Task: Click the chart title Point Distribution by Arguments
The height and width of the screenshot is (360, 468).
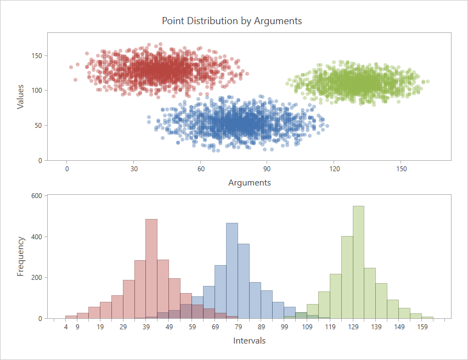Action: pyautogui.click(x=232, y=21)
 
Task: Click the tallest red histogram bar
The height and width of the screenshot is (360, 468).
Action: pyautogui.click(x=151, y=269)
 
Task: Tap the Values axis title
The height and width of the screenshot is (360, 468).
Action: pyautogui.click(x=20, y=96)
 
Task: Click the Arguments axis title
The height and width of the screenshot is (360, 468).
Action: pyautogui.click(x=249, y=182)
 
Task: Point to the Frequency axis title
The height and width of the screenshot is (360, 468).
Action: pyautogui.click(x=20, y=256)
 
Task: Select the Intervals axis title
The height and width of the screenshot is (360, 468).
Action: pyautogui.click(x=249, y=341)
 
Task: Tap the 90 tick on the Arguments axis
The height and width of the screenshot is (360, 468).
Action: pyautogui.click(x=267, y=169)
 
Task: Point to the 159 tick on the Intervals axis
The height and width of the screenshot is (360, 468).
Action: pyautogui.click(x=422, y=328)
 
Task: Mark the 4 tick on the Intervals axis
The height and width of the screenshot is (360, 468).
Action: pyautogui.click(x=66, y=328)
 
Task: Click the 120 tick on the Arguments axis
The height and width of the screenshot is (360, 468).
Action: pyautogui.click(x=334, y=169)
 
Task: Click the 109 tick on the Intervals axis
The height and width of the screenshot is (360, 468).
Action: pyautogui.click(x=307, y=328)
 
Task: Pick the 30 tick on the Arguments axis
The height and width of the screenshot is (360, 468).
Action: pyautogui.click(x=134, y=169)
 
